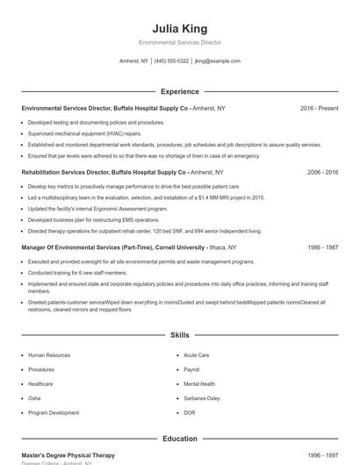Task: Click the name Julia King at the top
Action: pos(180,28)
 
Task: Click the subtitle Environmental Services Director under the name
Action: pos(180,42)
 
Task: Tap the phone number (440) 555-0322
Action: pos(171,61)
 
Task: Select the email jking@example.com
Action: pos(217,61)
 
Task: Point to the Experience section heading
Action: pos(180,91)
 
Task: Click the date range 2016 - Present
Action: pos(319,108)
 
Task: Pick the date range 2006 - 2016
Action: pos(322,173)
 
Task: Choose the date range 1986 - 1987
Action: pos(322,248)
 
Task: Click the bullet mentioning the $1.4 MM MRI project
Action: pos(146,198)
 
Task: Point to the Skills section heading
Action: pos(180,335)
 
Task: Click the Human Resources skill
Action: pos(49,355)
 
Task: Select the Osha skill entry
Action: pos(35,398)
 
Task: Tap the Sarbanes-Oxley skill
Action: pos(201,398)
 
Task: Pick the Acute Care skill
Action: pos(196,355)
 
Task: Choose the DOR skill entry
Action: pos(190,412)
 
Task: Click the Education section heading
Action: pos(180,439)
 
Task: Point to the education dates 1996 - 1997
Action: pos(322,455)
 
